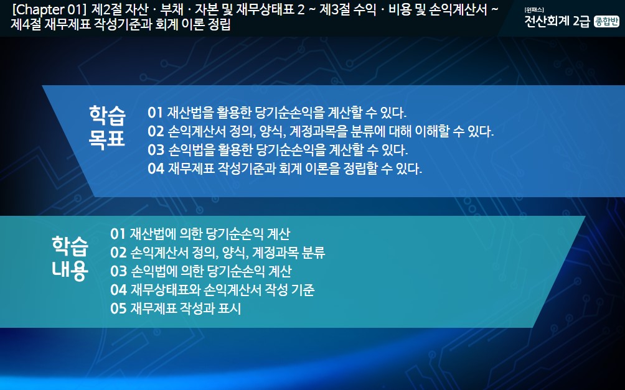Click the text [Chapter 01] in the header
point(49,9)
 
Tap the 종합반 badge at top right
point(606,22)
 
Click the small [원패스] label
point(534,10)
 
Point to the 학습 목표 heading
point(107,127)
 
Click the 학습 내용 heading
point(70,258)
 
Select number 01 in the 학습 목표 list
point(156,113)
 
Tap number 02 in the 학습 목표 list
point(156,131)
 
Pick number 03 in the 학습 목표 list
point(156,150)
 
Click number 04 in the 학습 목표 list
point(156,169)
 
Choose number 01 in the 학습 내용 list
point(118,234)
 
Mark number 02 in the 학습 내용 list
point(118,253)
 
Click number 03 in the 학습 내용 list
point(118,271)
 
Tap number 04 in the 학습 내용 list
point(118,290)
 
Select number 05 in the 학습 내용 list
point(118,309)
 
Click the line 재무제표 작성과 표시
point(186,309)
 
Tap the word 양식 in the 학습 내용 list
point(235,253)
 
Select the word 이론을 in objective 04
point(322,169)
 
